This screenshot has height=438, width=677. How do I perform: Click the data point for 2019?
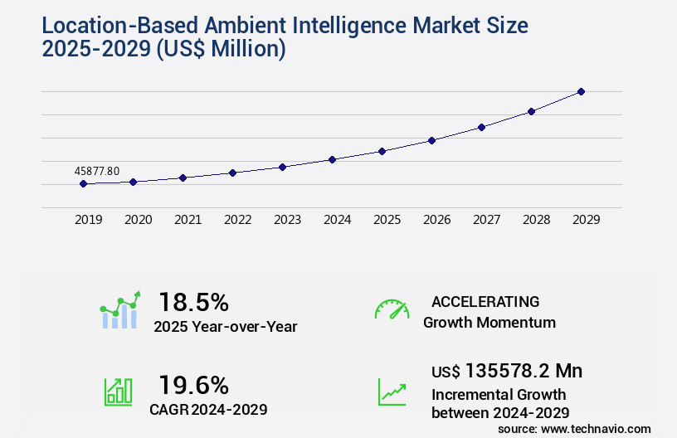click(83, 183)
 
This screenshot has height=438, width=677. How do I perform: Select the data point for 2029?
click(581, 91)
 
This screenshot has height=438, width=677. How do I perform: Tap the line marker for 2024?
click(332, 159)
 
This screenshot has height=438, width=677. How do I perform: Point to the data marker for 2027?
click(481, 127)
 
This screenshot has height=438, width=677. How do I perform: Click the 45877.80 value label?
click(97, 171)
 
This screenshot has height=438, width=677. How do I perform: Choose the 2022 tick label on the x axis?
click(238, 220)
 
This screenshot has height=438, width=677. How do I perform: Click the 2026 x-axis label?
click(437, 220)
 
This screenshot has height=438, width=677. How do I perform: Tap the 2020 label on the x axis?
click(139, 220)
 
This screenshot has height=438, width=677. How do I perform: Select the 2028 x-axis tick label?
click(537, 220)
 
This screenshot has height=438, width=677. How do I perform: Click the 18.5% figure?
click(193, 302)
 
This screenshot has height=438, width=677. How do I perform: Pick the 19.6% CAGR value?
click(193, 385)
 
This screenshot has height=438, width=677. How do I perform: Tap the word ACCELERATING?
click(485, 302)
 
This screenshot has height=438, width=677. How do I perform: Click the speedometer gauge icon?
click(392, 309)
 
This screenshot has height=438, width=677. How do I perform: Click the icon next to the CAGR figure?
click(118, 392)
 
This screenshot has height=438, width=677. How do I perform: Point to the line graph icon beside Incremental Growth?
click(392, 392)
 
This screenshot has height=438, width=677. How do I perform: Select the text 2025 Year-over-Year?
click(225, 327)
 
